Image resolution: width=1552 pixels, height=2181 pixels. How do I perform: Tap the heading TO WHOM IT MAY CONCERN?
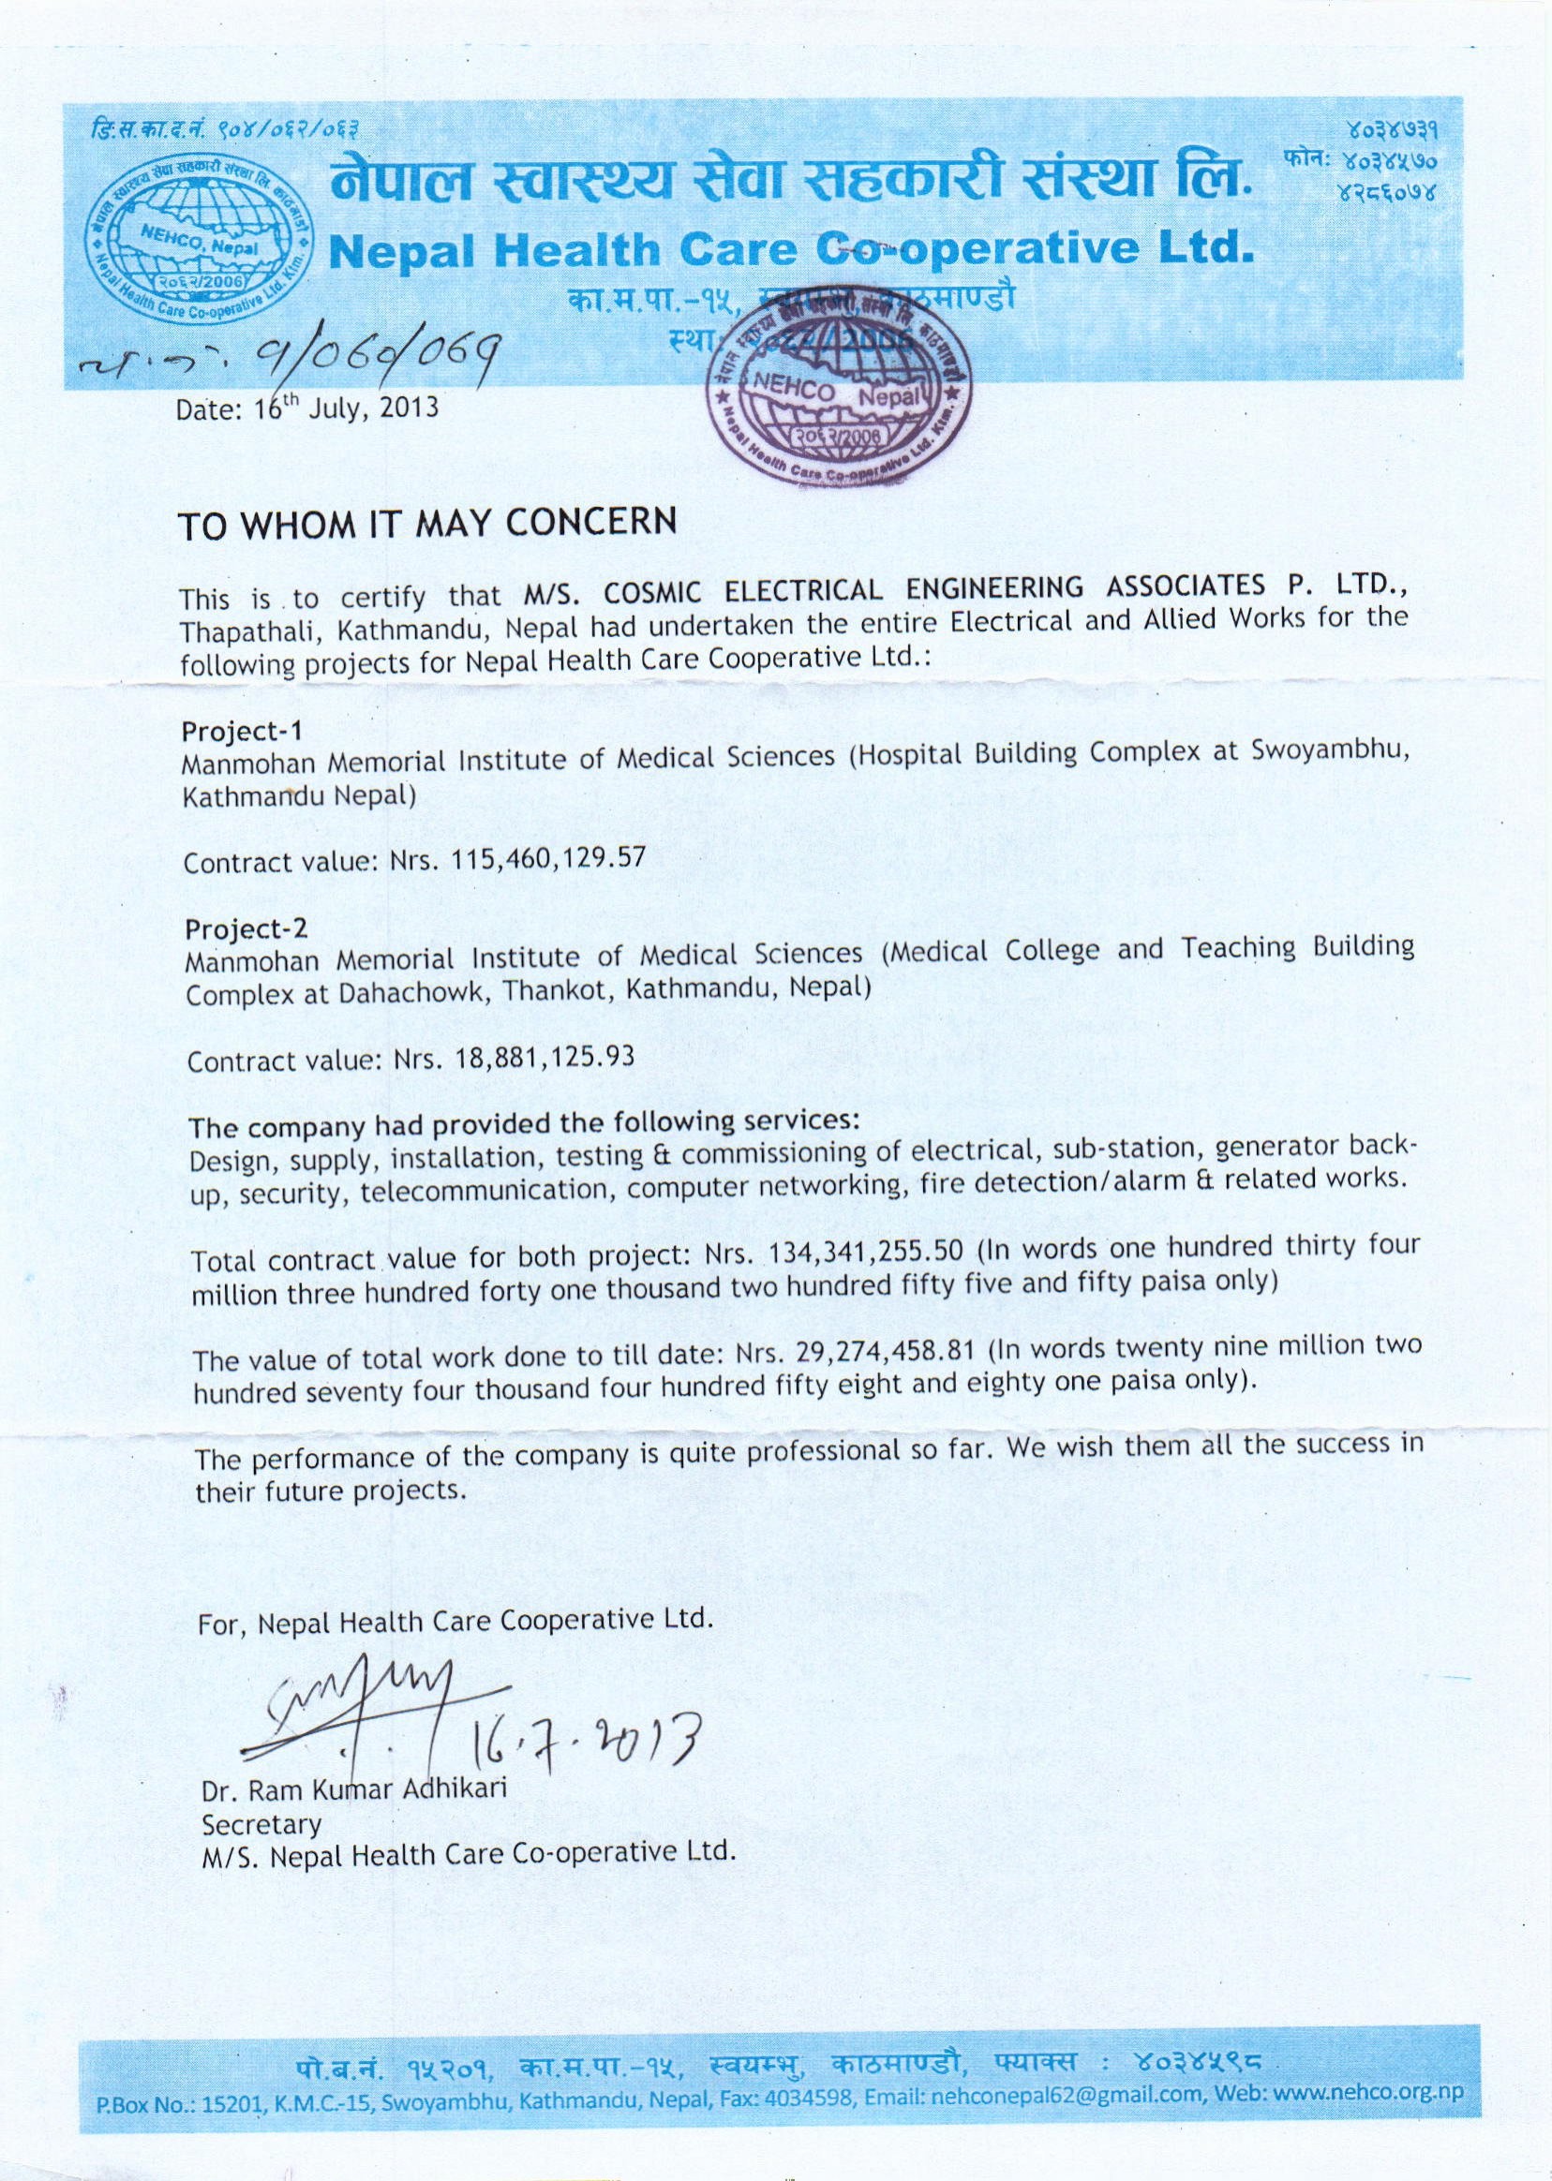429,523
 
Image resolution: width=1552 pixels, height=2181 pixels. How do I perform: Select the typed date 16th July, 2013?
307,408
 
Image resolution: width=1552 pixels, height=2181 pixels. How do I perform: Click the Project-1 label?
242,732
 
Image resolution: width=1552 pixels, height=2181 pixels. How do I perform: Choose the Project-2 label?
246,928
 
